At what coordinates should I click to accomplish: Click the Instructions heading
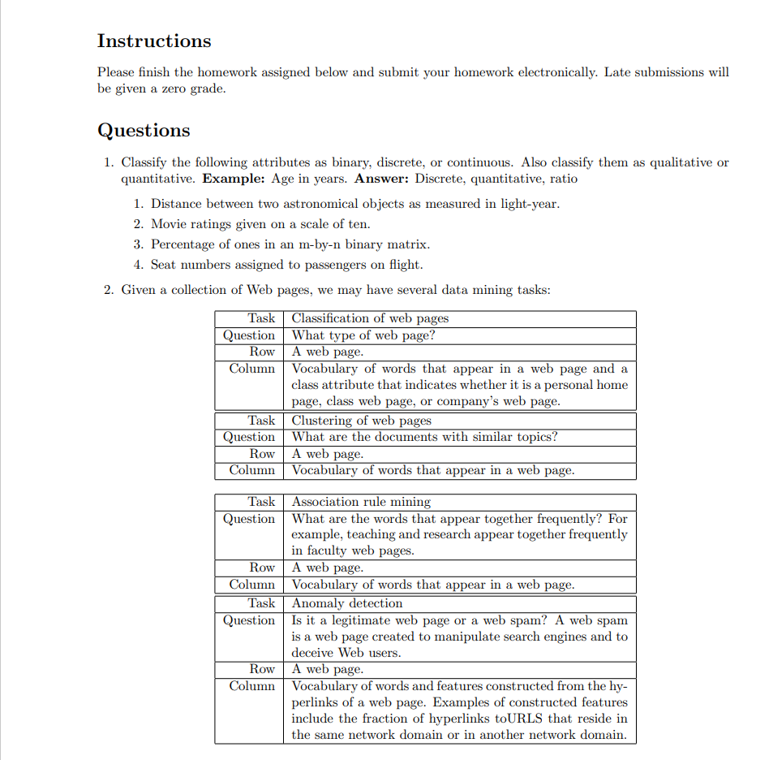[x=153, y=41]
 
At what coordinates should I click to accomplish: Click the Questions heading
[x=144, y=131]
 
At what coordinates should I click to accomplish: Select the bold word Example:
[x=231, y=179]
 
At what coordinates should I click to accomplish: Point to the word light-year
[x=530, y=204]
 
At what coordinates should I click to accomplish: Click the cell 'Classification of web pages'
[x=370, y=318]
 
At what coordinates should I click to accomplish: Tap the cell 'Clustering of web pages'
[x=361, y=421]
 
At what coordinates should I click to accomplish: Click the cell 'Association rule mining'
[x=361, y=502]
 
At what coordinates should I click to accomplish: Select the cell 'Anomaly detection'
[x=347, y=603]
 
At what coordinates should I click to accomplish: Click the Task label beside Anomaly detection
[x=261, y=603]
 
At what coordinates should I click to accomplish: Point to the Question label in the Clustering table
[x=249, y=437]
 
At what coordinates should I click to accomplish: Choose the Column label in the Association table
[x=251, y=585]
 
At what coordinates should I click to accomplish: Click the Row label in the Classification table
[x=262, y=352]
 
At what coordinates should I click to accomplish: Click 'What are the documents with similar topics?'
[x=424, y=437]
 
